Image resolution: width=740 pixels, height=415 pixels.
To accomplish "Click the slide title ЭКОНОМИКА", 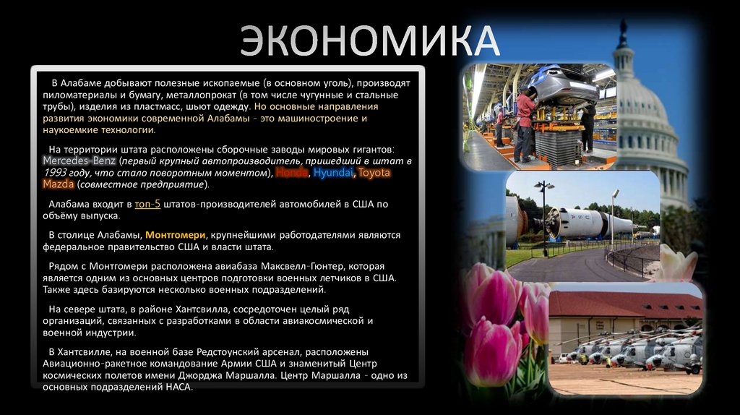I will [x=369, y=42].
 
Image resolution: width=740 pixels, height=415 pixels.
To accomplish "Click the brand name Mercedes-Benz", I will [x=79, y=161].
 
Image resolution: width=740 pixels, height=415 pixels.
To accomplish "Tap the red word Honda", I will [x=291, y=173].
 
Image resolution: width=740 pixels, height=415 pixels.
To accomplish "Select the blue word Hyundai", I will [x=333, y=173].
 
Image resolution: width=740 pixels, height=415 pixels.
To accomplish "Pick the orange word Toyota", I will [x=374, y=173].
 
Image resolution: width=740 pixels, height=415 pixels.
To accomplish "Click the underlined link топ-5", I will [x=147, y=204].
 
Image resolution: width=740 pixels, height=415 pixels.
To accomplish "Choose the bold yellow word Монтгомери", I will [x=174, y=235].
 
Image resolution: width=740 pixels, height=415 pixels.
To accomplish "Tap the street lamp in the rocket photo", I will [x=544, y=217].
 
